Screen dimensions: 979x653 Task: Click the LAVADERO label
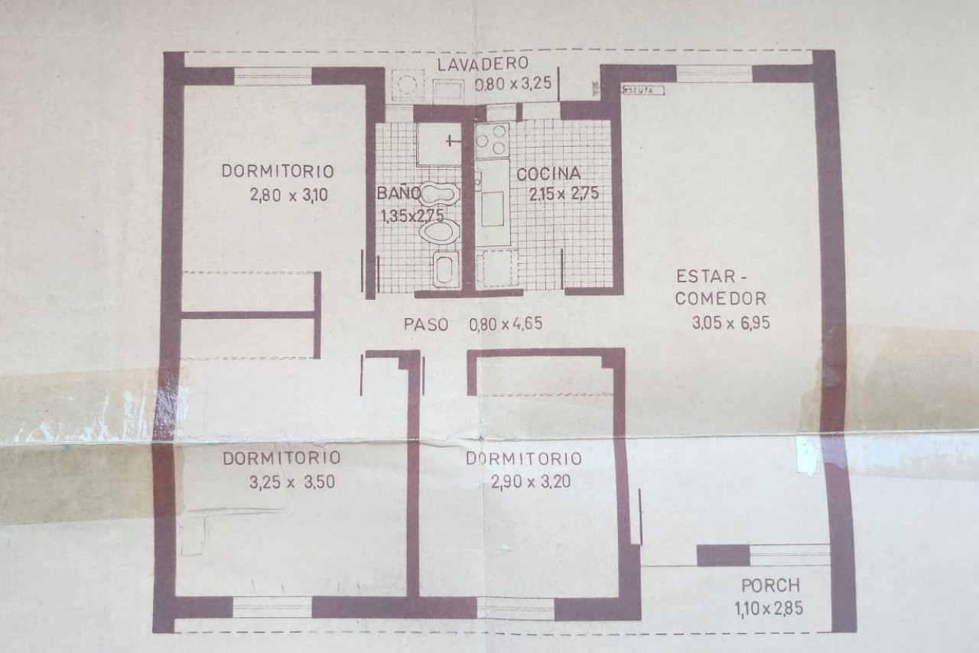pyautogui.click(x=483, y=63)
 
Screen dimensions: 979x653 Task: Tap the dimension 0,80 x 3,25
pyautogui.click(x=513, y=83)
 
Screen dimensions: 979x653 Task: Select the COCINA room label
pyautogui.click(x=548, y=174)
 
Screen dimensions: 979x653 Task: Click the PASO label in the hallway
pyautogui.click(x=426, y=325)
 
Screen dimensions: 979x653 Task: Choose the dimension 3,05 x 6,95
pyautogui.click(x=730, y=323)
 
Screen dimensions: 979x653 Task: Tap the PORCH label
pyautogui.click(x=770, y=586)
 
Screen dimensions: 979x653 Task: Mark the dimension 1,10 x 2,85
pyautogui.click(x=769, y=609)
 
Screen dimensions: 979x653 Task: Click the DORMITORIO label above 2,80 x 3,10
pyautogui.click(x=278, y=171)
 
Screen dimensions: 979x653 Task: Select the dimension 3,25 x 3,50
pyautogui.click(x=292, y=482)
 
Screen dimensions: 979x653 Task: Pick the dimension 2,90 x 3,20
pyautogui.click(x=531, y=482)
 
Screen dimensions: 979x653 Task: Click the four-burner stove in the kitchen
pyautogui.click(x=492, y=140)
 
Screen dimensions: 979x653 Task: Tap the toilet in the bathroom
pyautogui.click(x=439, y=231)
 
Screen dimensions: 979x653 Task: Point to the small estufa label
pyautogui.click(x=642, y=90)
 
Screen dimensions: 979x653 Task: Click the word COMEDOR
pyautogui.click(x=720, y=299)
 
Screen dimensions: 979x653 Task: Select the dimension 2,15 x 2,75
pyautogui.click(x=564, y=193)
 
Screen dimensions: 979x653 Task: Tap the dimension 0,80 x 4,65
pyautogui.click(x=506, y=324)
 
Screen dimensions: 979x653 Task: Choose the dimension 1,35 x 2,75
pyautogui.click(x=412, y=216)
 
